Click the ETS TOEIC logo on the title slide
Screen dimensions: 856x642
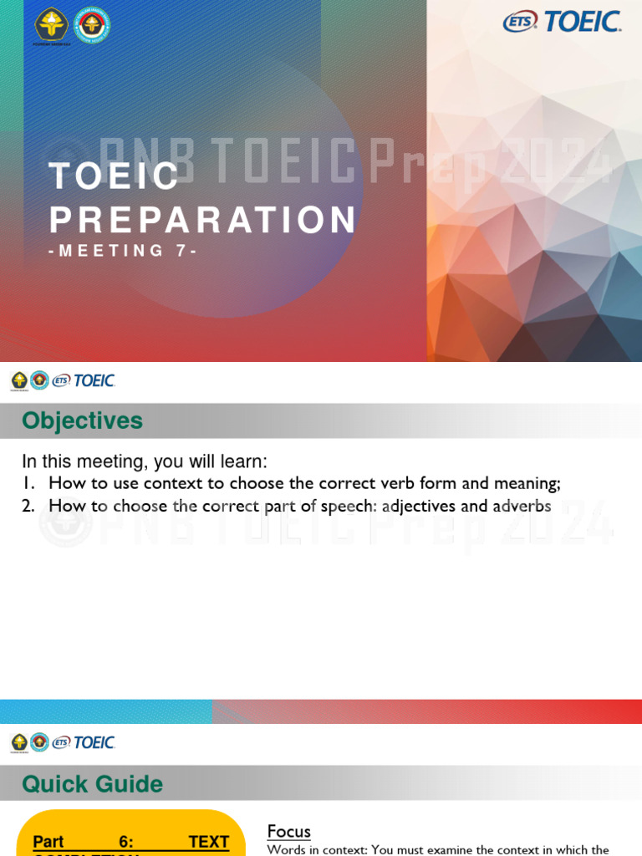[562, 22]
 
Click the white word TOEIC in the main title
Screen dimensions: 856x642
[115, 176]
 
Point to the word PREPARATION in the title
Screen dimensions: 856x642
[203, 220]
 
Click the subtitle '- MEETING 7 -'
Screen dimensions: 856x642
[123, 251]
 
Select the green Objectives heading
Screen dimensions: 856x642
[82, 420]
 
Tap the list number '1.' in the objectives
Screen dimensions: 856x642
[28, 483]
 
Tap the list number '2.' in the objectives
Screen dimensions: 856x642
[28, 506]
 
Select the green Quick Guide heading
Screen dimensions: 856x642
[92, 784]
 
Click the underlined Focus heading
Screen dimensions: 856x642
[288, 831]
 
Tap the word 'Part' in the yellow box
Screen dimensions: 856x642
[48, 842]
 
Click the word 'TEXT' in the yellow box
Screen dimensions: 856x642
[209, 842]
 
